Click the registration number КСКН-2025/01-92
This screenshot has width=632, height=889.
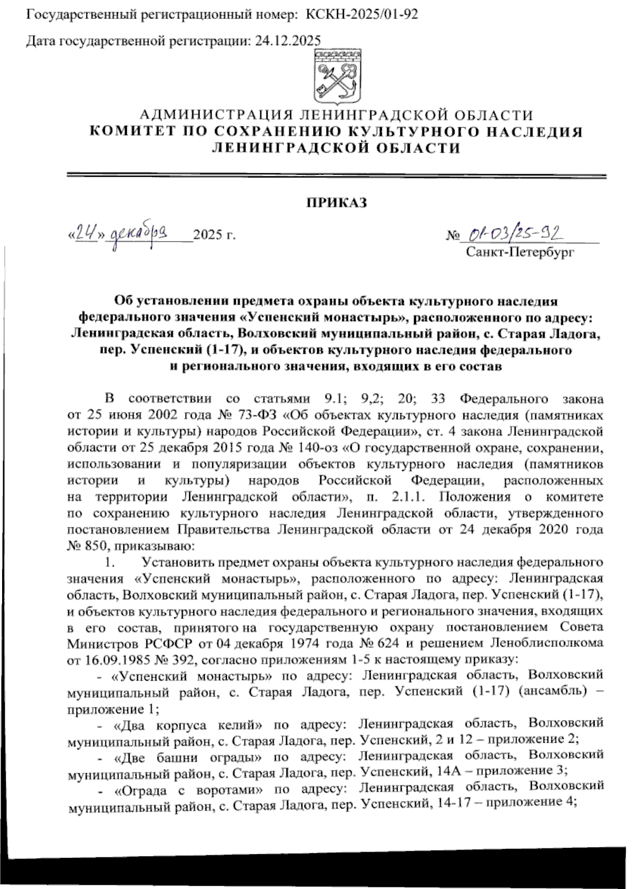(362, 15)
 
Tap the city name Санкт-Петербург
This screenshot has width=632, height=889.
(519, 252)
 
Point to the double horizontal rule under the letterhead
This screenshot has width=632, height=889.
(337, 176)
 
